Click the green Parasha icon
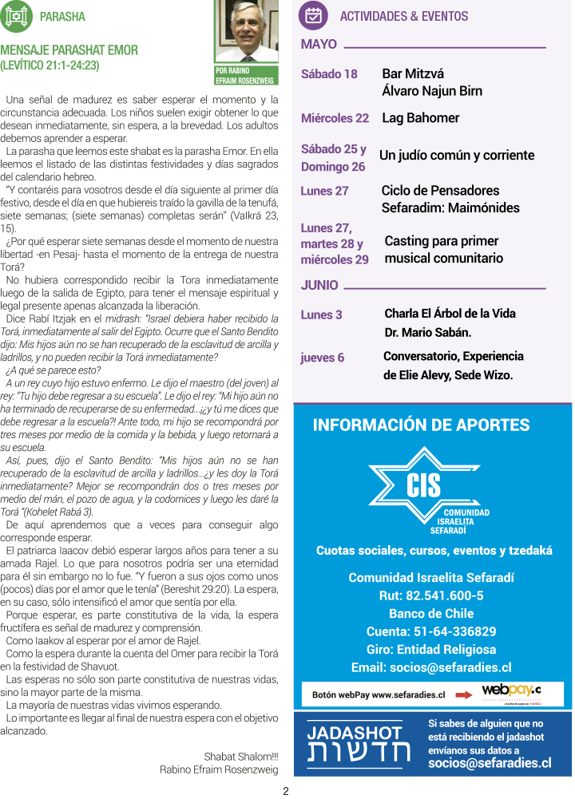tap(17, 16)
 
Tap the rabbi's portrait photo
tap(246, 33)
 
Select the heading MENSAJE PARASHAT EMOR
tap(69, 50)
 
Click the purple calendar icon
tap(313, 15)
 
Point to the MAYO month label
tap(319, 45)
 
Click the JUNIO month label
tap(319, 285)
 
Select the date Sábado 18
tap(329, 74)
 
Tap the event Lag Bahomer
tap(421, 118)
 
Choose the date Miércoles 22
tap(335, 118)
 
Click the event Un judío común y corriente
tap(457, 155)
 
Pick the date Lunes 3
tap(321, 314)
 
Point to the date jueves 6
tap(323, 358)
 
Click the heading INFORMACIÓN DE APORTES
tap(421, 425)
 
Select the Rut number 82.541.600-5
tap(431, 595)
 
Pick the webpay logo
tap(511, 691)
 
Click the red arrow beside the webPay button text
tap(464, 694)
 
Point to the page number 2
tap(285, 791)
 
